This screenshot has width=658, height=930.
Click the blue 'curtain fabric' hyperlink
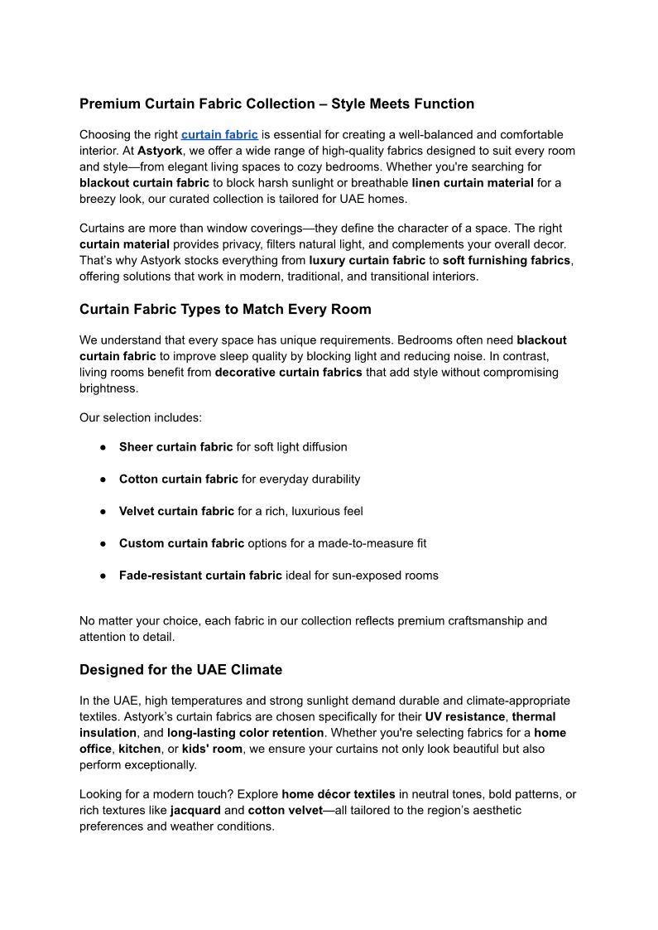[219, 134]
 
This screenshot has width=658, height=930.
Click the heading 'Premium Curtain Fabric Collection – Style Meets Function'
[276, 104]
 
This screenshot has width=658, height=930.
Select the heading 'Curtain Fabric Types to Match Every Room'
[225, 309]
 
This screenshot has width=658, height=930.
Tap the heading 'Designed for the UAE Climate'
[180, 669]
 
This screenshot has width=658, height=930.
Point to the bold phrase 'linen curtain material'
[473, 182]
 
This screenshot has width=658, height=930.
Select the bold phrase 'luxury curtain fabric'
[367, 260]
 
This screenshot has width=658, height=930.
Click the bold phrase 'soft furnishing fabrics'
[507, 260]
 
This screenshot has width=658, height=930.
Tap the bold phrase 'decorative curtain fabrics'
[288, 372]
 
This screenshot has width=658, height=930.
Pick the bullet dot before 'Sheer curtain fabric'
[103, 447]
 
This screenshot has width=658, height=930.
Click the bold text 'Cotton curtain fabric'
[179, 479]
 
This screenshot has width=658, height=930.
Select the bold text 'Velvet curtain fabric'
[176, 511]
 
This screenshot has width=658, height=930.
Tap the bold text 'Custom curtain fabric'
[181, 543]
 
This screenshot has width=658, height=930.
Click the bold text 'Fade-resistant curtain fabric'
[200, 575]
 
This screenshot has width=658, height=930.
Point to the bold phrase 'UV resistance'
[465, 716]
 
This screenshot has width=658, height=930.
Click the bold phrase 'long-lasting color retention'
[245, 733]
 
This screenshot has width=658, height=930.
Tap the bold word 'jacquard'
[195, 810]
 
